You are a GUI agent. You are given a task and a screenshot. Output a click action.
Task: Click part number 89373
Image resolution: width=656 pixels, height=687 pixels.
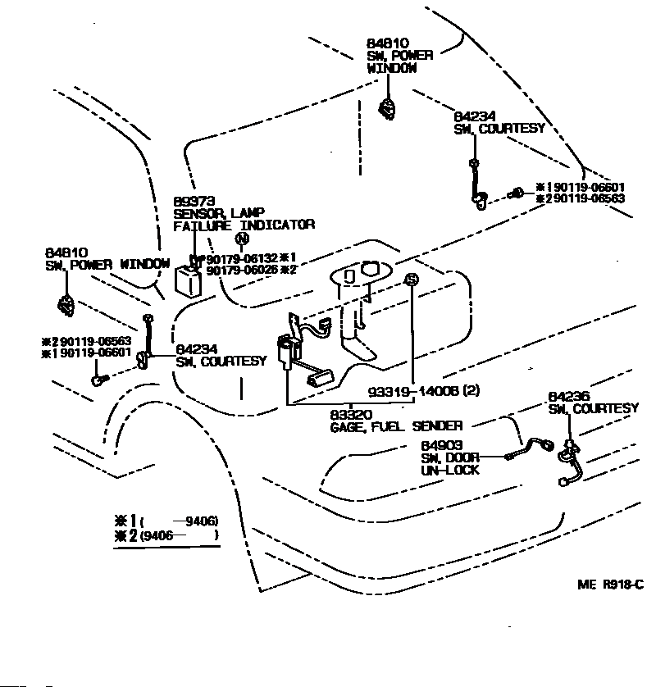(193, 201)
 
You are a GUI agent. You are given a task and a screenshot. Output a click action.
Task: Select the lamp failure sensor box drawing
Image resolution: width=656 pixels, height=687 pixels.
(193, 280)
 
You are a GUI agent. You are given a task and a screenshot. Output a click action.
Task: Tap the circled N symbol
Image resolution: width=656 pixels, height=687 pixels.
(241, 239)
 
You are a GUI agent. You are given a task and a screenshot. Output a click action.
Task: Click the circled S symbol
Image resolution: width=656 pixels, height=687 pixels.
(411, 280)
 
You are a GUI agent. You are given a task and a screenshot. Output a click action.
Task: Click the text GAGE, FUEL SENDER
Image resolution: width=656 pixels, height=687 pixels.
(395, 425)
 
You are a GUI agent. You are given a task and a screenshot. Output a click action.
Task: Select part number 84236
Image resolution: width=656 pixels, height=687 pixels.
(568, 397)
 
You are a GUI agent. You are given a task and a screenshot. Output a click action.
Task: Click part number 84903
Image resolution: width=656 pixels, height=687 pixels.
(440, 446)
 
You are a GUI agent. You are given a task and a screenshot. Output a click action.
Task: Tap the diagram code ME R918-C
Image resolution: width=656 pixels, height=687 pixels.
(610, 584)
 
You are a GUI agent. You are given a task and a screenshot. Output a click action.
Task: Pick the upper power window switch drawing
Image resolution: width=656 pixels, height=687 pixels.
(387, 108)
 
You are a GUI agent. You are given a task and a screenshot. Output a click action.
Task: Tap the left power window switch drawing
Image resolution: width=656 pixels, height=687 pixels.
(66, 305)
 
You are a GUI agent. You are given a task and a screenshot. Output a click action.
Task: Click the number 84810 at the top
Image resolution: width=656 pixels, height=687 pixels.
(388, 43)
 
